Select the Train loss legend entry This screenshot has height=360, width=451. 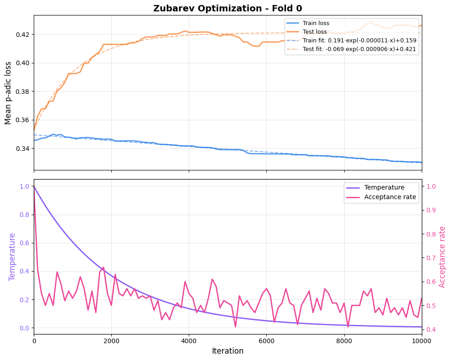(316, 23)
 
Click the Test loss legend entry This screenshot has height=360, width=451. (315, 31)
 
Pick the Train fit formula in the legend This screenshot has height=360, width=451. (359, 40)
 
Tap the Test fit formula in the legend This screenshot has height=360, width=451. (359, 49)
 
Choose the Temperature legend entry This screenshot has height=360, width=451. (384, 187)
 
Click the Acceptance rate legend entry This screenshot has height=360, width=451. (390, 197)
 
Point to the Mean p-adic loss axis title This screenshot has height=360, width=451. (8, 93)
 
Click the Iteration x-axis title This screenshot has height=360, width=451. (228, 351)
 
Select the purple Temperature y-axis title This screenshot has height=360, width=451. (12, 257)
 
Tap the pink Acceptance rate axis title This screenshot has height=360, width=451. (442, 257)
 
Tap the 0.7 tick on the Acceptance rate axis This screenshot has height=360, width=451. (431, 258)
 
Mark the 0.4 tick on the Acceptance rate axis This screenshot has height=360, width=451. (431, 329)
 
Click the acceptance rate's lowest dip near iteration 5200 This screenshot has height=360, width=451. (235, 327)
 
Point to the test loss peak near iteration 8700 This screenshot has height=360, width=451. (371, 22)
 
